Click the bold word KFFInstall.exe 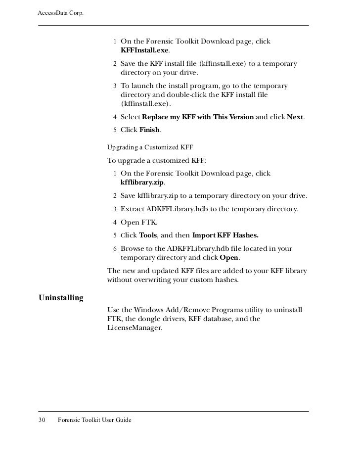(145, 50)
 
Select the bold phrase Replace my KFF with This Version (198, 117)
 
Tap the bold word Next (295, 117)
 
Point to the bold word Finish (150, 130)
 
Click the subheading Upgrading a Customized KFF (150, 147)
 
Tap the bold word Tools (148, 235)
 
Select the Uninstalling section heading (61, 298)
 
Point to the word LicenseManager (135, 327)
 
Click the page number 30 (42, 420)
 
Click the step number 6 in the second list (115, 248)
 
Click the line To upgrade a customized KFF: (157, 161)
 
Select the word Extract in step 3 (133, 209)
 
